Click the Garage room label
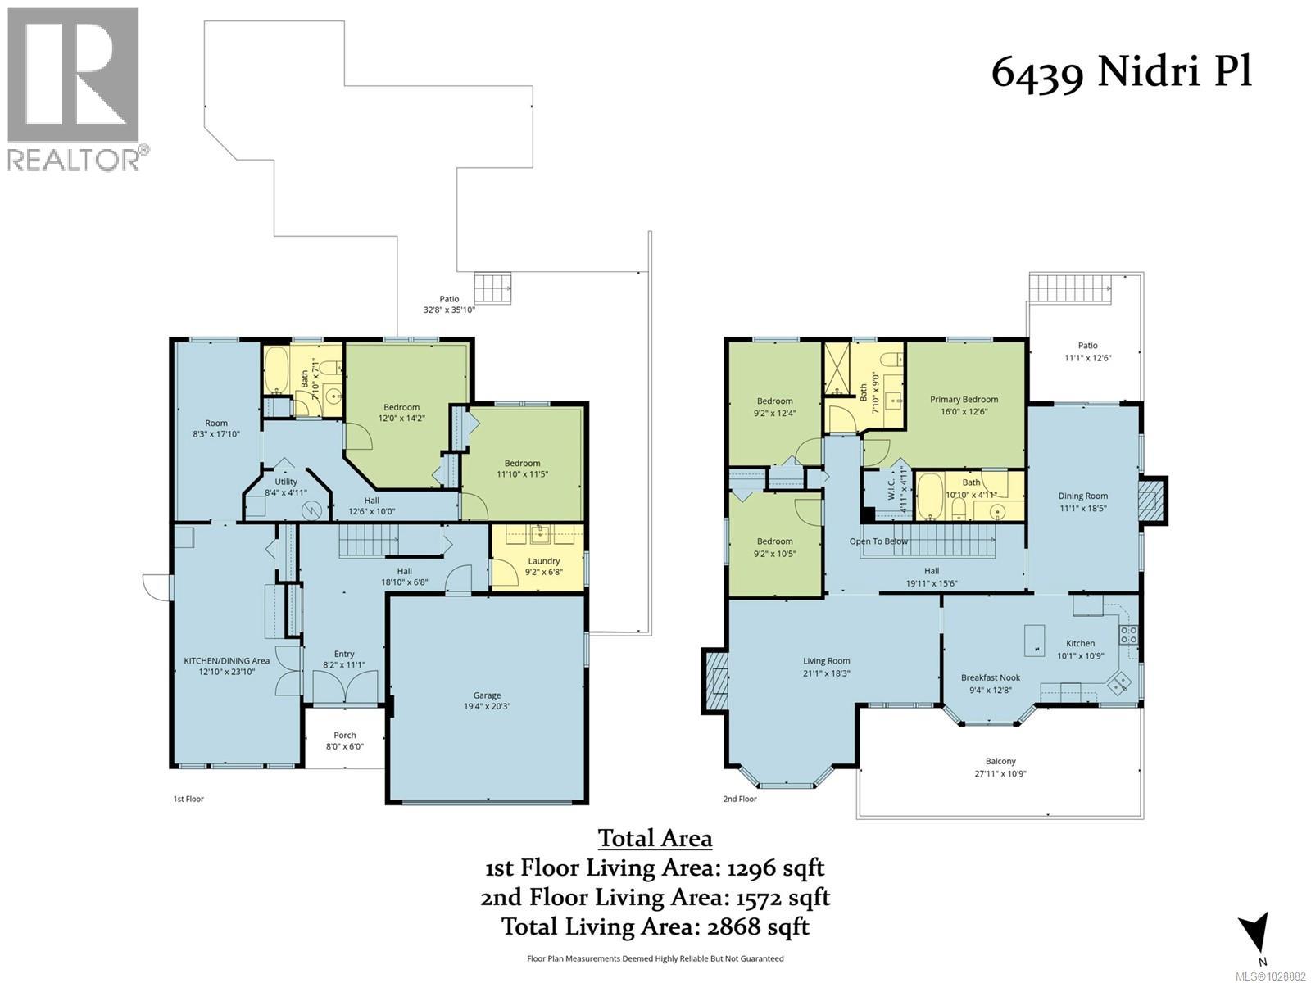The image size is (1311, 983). [487, 695]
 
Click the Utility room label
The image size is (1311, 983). [286, 482]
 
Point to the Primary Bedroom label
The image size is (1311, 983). [964, 400]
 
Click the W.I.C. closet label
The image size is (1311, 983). [891, 490]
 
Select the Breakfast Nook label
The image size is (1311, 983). [990, 677]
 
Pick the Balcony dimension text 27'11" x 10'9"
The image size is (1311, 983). [1000, 773]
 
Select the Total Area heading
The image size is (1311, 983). [655, 838]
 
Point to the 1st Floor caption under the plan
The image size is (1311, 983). [188, 799]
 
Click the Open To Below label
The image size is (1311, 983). [878, 541]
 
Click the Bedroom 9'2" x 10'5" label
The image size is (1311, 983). [774, 547]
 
